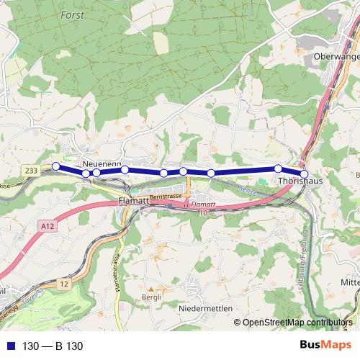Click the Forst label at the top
click(x=72, y=14)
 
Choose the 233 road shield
click(x=30, y=170)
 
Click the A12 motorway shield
click(x=48, y=227)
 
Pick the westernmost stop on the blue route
click(x=55, y=166)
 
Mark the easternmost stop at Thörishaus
click(x=304, y=174)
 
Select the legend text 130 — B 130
click(x=53, y=346)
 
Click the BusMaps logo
click(x=326, y=346)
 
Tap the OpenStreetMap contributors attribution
click(x=297, y=323)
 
